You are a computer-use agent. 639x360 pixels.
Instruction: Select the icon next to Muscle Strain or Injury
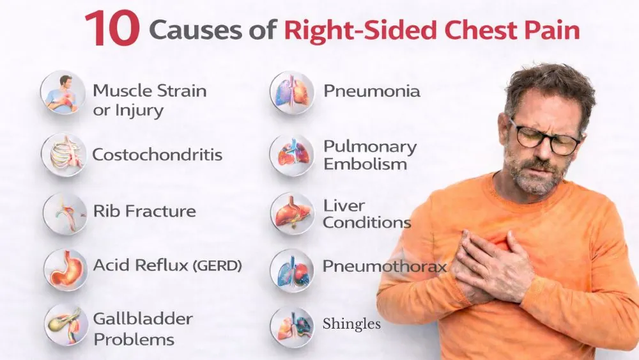tap(63, 93)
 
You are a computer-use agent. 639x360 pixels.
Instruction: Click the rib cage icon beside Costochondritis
tap(63, 154)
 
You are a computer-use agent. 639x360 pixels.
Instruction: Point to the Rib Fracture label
tap(144, 211)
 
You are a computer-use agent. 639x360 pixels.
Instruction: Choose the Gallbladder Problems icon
tap(66, 325)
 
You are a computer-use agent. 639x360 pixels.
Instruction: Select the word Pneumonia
tap(372, 91)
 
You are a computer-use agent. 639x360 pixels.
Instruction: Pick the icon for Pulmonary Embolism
tap(292, 154)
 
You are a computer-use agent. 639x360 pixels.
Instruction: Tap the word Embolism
tap(365, 164)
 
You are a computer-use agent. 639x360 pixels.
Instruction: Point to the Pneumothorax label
tap(384, 266)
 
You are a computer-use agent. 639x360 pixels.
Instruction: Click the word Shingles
tap(351, 324)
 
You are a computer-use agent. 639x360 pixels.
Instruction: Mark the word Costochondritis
tap(157, 154)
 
